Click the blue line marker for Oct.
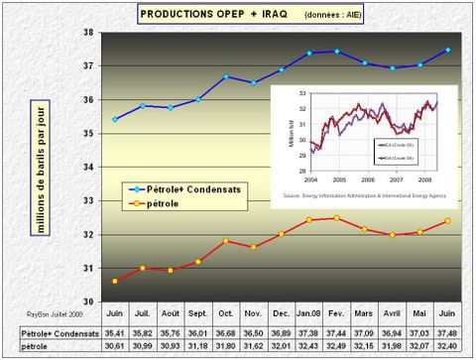tap(226, 76)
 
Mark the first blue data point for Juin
tap(115, 119)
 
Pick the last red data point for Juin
tap(448, 221)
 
